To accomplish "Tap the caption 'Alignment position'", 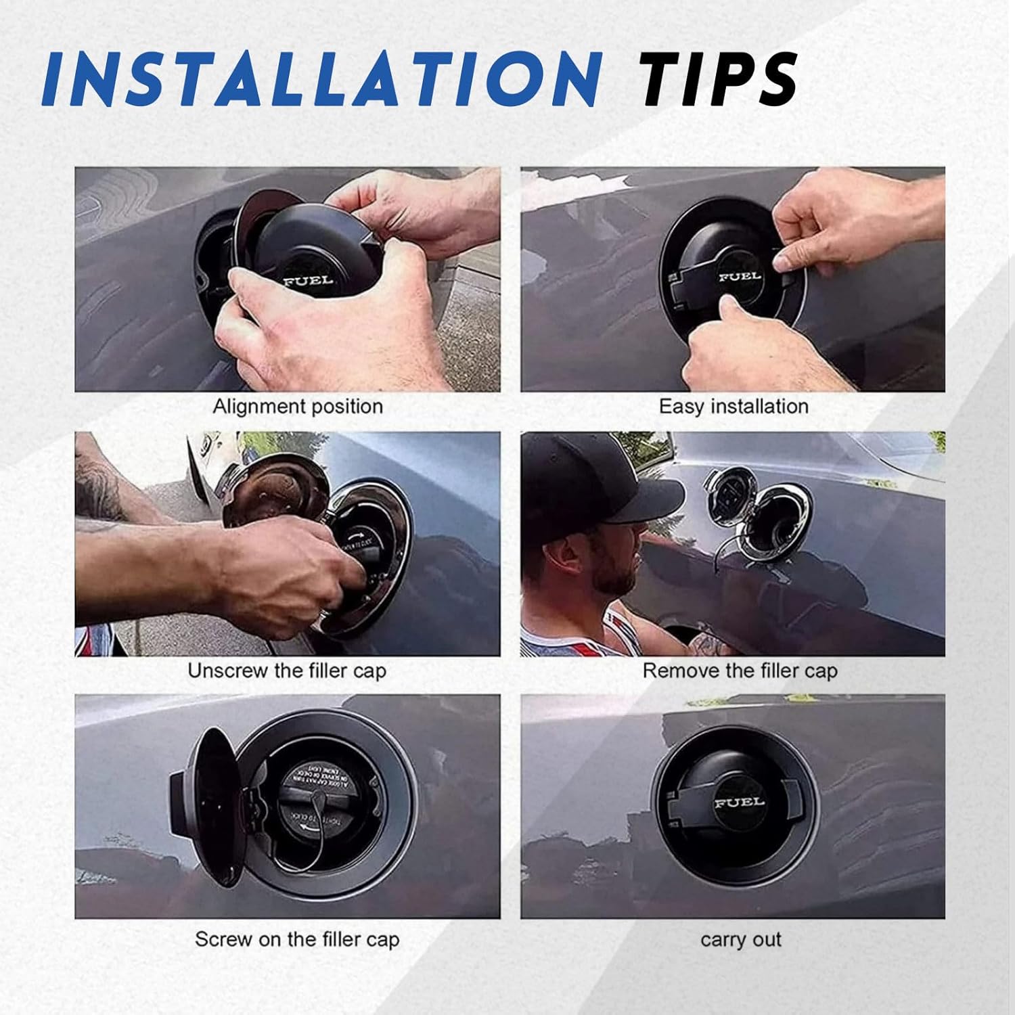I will click(298, 407).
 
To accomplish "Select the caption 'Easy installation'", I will click(734, 407).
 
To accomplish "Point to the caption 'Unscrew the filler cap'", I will click(287, 671).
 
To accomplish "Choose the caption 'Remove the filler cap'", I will click(740, 671).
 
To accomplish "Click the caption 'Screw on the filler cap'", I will click(297, 939).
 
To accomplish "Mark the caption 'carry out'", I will click(741, 940).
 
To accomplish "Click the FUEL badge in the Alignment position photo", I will click(308, 280).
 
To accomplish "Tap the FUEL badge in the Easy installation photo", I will click(740, 276).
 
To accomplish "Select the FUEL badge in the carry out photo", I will click(739, 803).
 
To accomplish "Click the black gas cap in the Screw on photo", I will click(321, 802).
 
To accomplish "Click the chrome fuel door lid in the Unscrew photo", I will click(271, 494).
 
